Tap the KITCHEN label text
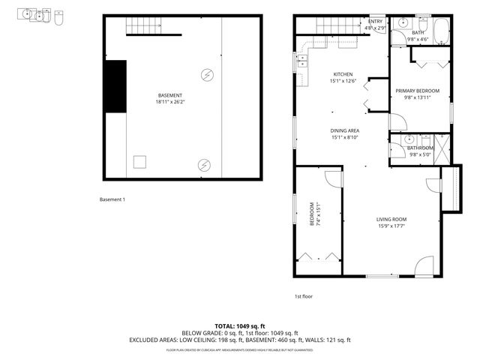point(343,74)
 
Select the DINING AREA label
point(345,130)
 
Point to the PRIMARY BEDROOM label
point(418,91)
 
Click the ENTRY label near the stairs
point(375,22)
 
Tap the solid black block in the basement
point(115,85)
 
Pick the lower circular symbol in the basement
point(203,164)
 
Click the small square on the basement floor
point(139,161)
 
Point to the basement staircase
point(154,28)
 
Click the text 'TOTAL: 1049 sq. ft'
point(239,325)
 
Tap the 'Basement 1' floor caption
point(112,199)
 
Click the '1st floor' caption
point(303,296)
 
